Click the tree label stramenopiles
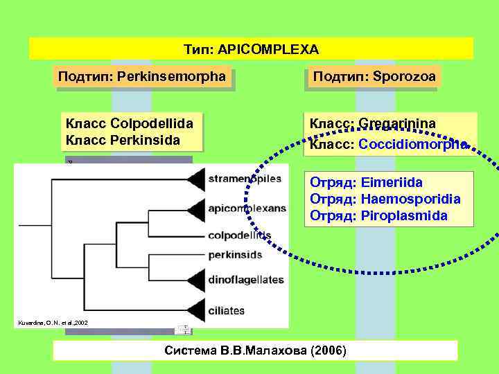click(x=245, y=179)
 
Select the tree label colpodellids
click(x=239, y=235)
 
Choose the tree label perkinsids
click(x=235, y=255)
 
